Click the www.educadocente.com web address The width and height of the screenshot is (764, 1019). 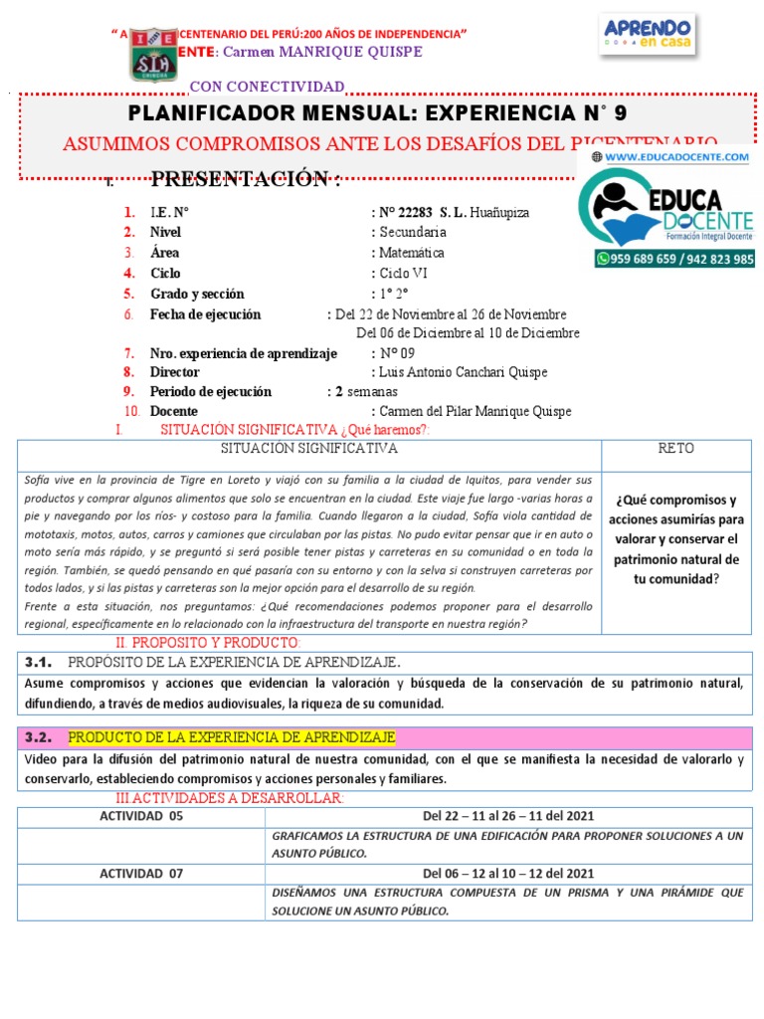tap(675, 157)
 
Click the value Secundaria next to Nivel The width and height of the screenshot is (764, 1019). tap(412, 232)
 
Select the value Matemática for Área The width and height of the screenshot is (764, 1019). tap(412, 253)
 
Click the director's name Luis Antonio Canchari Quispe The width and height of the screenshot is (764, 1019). tap(463, 372)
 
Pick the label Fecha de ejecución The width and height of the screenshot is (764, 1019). tap(205, 314)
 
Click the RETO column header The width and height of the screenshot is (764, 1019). tap(676, 449)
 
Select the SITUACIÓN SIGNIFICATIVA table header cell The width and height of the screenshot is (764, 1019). tap(309, 449)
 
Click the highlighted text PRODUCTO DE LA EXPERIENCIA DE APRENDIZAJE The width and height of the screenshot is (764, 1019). tap(231, 737)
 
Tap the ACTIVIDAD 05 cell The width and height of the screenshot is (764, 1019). tap(141, 816)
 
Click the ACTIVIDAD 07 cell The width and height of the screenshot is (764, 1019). tap(141, 874)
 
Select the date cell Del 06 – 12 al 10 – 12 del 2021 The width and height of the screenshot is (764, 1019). tap(509, 874)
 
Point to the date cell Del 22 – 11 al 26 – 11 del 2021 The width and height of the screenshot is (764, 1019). tap(509, 816)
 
